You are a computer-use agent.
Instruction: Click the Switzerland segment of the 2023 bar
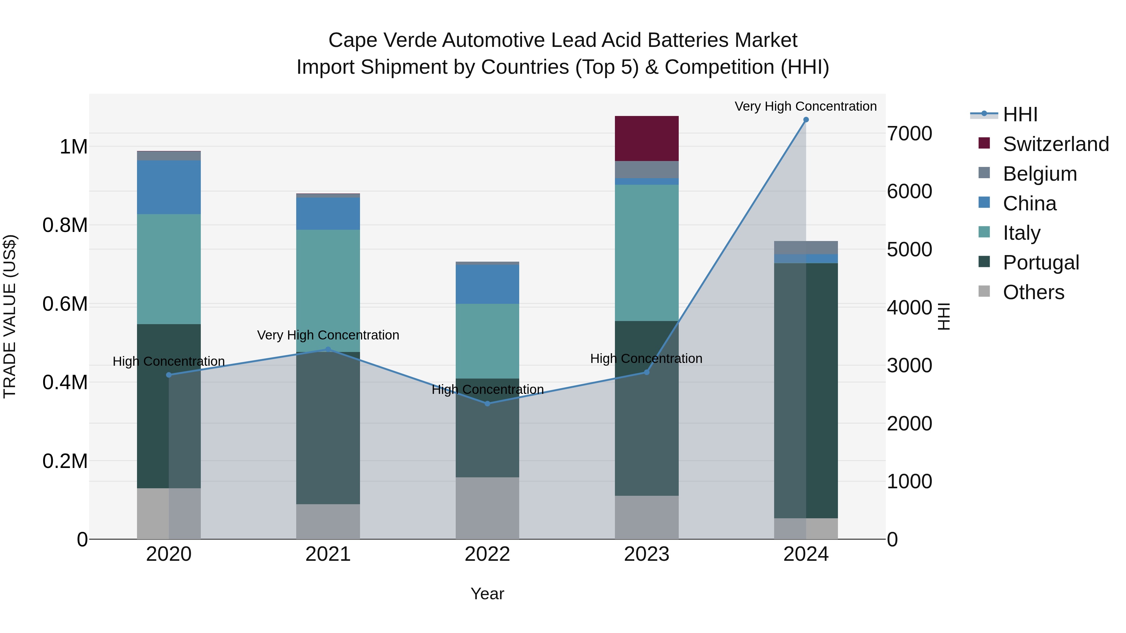(x=647, y=138)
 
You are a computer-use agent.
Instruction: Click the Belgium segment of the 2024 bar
(x=806, y=247)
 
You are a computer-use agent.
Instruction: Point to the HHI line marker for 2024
(x=806, y=120)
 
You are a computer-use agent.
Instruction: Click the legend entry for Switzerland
(x=1055, y=144)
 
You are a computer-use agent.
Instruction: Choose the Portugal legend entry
(x=1040, y=263)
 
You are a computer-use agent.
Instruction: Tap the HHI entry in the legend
(x=1019, y=114)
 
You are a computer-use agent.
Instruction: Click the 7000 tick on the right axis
(x=909, y=134)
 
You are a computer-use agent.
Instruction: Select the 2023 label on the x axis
(x=647, y=554)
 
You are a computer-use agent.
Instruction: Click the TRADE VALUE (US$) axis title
(x=10, y=316)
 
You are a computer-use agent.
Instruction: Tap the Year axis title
(x=487, y=594)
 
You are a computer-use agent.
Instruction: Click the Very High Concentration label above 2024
(x=806, y=106)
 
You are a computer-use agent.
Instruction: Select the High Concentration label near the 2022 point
(x=487, y=389)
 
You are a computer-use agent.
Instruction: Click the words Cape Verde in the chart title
(x=383, y=40)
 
